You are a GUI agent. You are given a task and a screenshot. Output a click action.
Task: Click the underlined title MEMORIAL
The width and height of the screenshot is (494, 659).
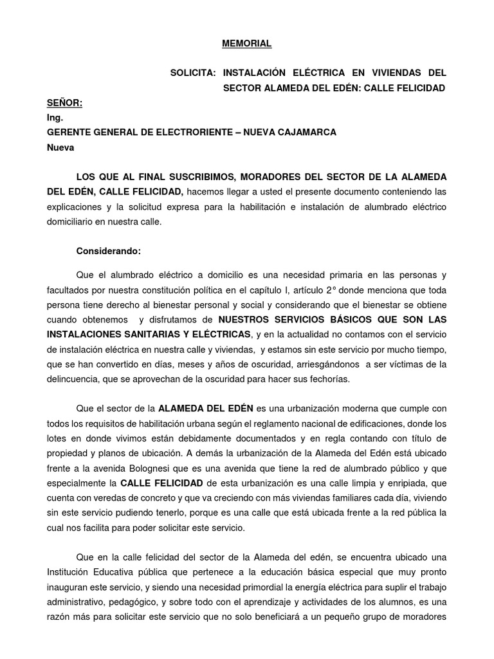(x=247, y=44)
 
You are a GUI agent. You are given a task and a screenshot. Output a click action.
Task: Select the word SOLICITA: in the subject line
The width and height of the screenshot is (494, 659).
(x=191, y=73)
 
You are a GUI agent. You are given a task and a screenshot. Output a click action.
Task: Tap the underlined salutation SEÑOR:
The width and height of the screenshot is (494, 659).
(x=65, y=103)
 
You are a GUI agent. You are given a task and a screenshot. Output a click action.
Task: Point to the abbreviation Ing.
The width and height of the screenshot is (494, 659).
(x=55, y=118)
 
